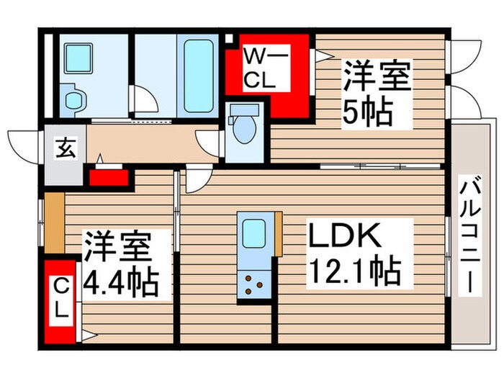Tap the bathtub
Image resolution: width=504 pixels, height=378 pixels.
point(199,76)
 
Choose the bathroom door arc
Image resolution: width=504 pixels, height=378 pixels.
point(146,102)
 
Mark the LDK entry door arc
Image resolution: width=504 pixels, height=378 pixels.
point(197,180)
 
